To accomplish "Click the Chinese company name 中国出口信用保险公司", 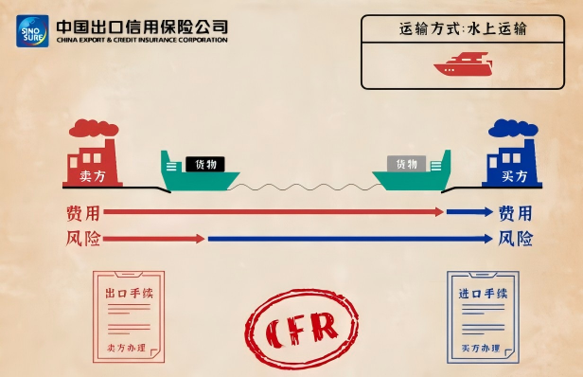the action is (142, 26).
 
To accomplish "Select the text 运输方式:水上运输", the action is (463, 29).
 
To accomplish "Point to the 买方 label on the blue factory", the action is (515, 175).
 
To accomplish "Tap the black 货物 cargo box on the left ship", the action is (204, 164).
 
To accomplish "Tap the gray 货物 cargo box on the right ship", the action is (407, 164).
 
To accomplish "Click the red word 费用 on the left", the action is (82, 212).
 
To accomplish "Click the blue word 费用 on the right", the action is (515, 212).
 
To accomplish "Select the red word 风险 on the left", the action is (82, 238).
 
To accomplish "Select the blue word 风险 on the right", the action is (515, 238).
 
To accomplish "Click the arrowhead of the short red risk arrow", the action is (200, 238).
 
